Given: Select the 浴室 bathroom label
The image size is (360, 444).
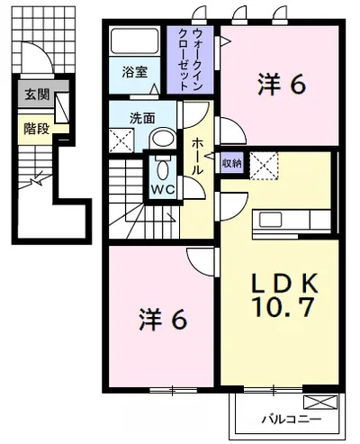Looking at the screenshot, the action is coord(134,72).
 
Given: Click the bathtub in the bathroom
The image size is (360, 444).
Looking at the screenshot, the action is coord(134,41).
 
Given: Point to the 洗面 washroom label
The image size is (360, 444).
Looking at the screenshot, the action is coord(142,119).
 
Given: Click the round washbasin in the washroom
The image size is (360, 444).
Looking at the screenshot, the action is coord(163,139).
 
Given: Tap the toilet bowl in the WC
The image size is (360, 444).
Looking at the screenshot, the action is coord(163,169).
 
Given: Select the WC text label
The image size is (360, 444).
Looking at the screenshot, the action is coord(163,189).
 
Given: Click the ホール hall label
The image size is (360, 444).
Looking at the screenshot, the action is coord(197,156).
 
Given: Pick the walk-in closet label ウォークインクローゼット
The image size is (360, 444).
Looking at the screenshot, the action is coord(190,59).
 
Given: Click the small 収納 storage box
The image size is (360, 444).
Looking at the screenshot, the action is coord(232,163).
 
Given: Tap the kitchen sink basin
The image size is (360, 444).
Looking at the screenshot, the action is coord(270,220).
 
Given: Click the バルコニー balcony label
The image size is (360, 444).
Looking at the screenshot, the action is coord(292,419).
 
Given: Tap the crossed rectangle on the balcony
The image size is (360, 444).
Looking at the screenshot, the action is coord(320,403).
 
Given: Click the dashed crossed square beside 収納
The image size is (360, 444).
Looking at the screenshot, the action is coord(264,166).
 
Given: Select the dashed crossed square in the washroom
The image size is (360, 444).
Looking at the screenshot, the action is coord(121,140).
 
